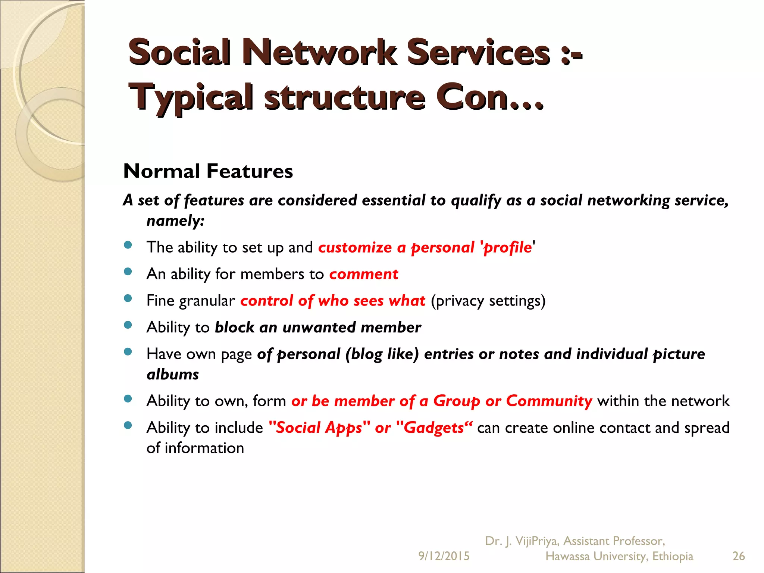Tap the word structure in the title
pyautogui.click(x=345, y=98)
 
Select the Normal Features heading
pyautogui.click(x=208, y=171)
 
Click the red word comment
pyautogui.click(x=363, y=274)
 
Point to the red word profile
pyautogui.click(x=507, y=248)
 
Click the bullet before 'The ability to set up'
pyautogui.click(x=128, y=245)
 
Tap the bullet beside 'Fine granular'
pyautogui.click(x=128, y=298)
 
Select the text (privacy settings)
pyautogui.click(x=488, y=301)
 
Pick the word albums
pyautogui.click(x=173, y=375)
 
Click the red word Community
pyautogui.click(x=549, y=401)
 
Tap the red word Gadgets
pyautogui.click(x=433, y=428)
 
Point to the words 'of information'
pyautogui.click(x=195, y=448)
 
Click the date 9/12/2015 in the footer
pyautogui.click(x=444, y=556)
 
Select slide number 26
pyautogui.click(x=739, y=556)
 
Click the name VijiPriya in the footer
pyautogui.click(x=537, y=541)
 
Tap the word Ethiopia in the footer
pyautogui.click(x=673, y=556)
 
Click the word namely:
pyautogui.click(x=175, y=221)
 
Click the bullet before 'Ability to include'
pyautogui.click(x=128, y=425)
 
